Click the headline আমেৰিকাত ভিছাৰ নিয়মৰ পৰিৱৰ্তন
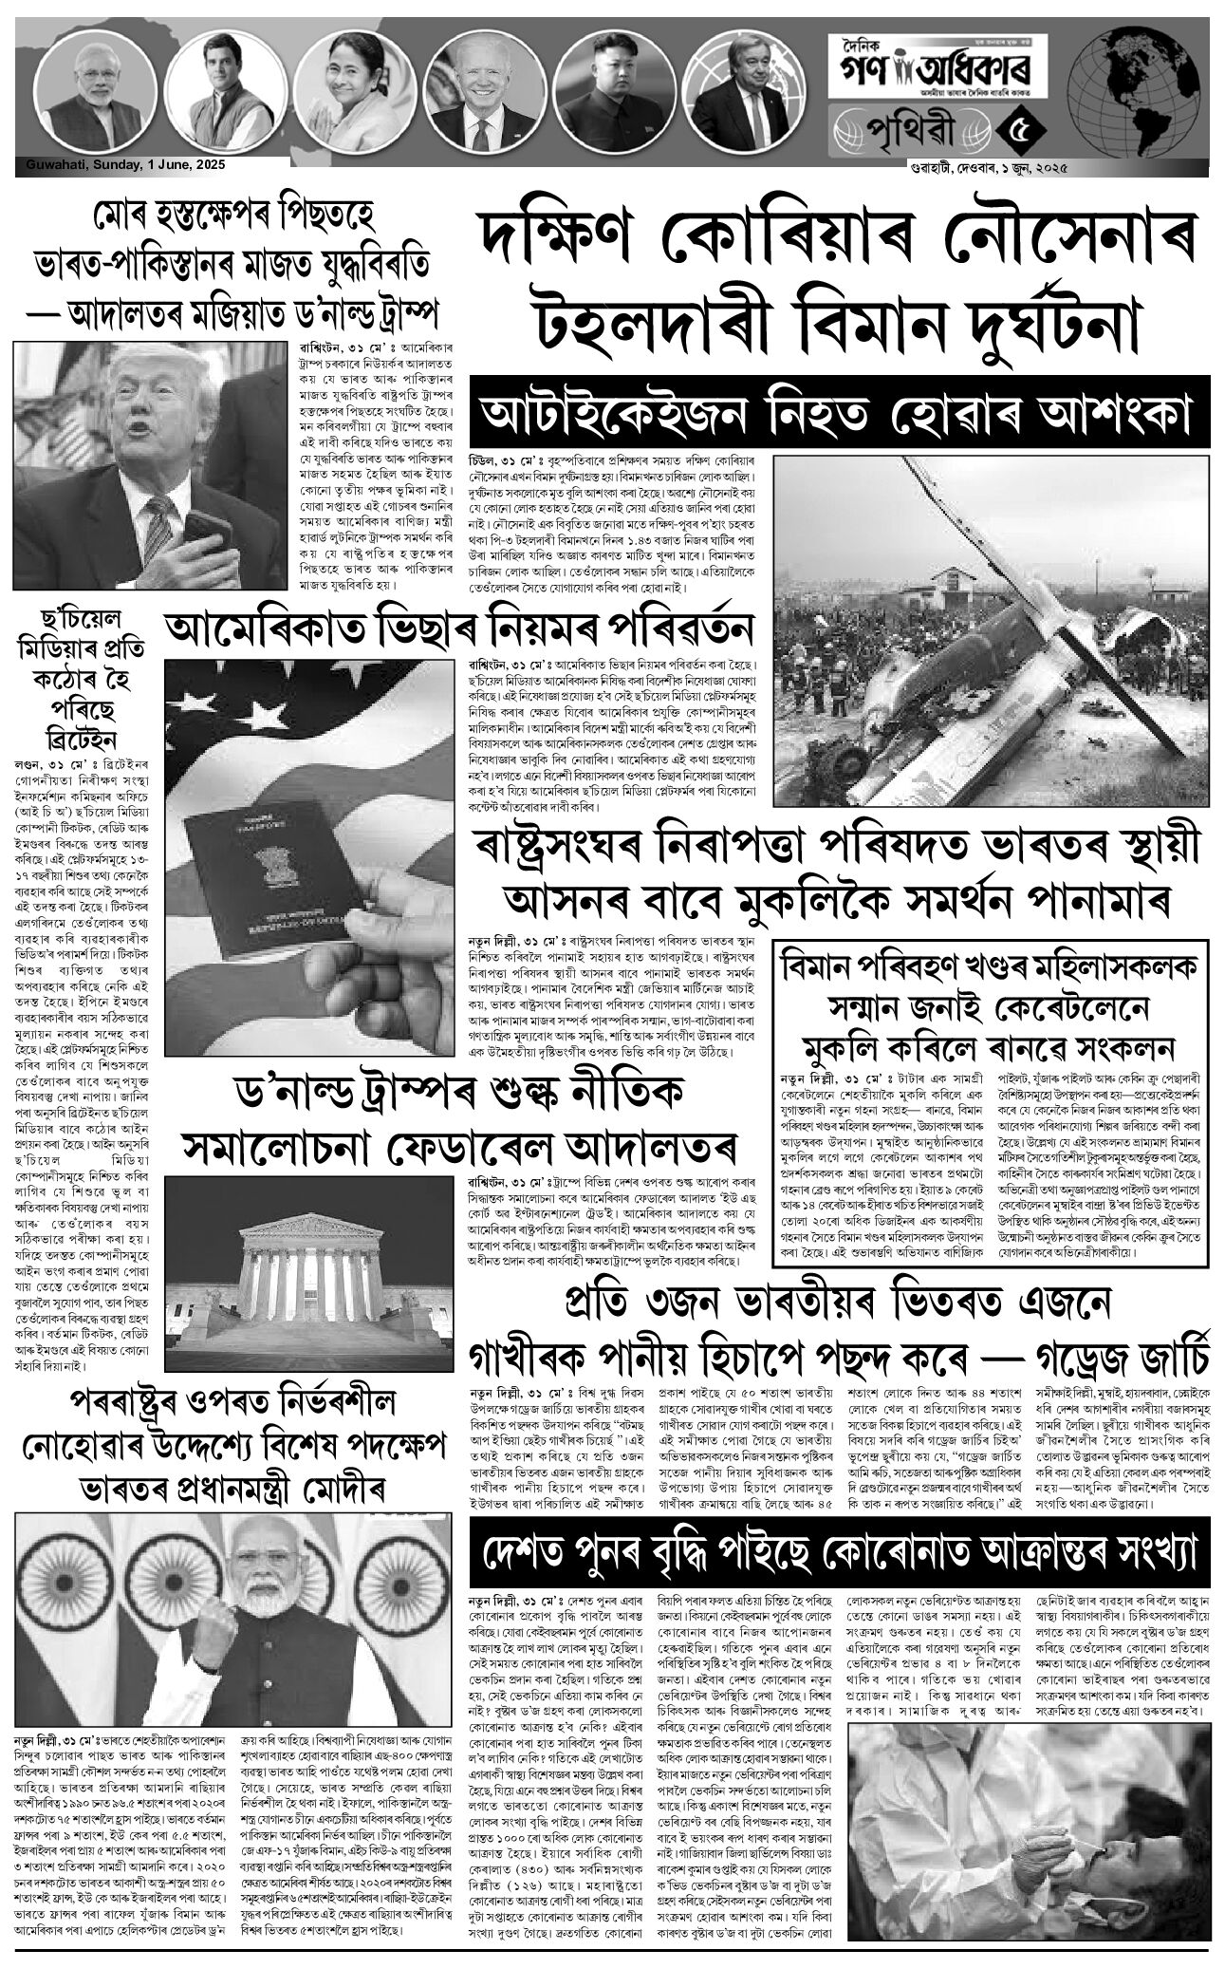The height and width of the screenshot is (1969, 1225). point(459,629)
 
